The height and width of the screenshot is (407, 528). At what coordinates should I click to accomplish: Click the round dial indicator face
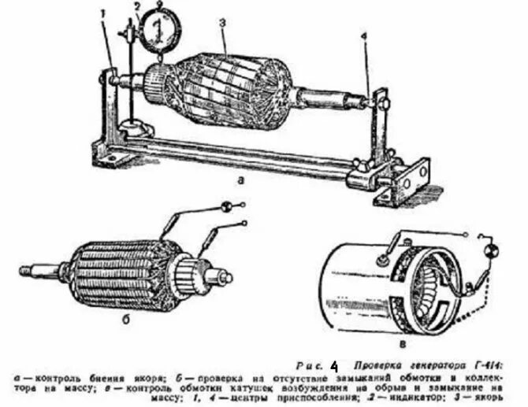click(159, 29)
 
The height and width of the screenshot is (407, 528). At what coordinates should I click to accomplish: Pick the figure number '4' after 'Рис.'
click(334, 366)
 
